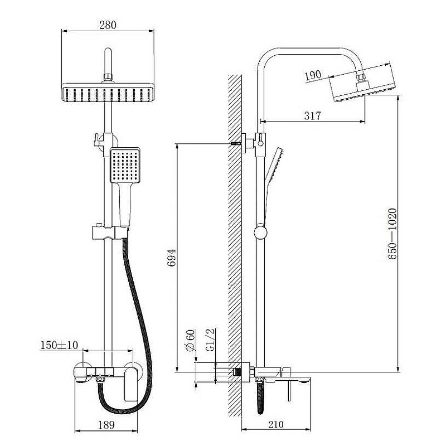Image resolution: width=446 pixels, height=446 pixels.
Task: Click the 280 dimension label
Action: tap(108, 25)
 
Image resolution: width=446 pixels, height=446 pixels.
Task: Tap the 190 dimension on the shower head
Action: tap(313, 75)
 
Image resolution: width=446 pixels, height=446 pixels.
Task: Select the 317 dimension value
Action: tap(312, 116)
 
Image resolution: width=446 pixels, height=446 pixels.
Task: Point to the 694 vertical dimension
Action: tap(172, 258)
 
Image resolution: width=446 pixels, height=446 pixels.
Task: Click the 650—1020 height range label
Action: tap(392, 234)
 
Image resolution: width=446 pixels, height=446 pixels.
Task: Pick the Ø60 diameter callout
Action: tap(190, 341)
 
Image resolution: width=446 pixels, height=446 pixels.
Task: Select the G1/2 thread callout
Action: tap(210, 340)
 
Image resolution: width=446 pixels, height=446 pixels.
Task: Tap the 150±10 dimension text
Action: tap(59, 345)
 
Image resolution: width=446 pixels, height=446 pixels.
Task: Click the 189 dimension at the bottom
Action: tap(106, 425)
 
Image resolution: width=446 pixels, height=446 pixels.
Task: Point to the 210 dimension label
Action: tap(275, 424)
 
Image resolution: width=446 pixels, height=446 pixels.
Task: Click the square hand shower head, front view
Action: tap(125, 165)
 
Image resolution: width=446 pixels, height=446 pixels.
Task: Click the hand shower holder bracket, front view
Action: tap(110, 232)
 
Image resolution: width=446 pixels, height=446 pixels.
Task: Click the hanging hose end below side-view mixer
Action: tap(260, 398)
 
